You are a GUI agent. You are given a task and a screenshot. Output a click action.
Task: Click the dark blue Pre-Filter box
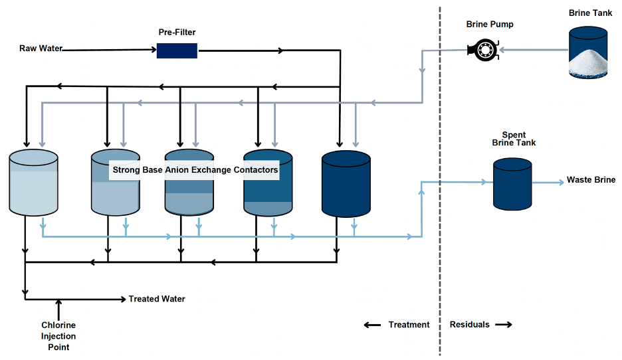coord(177,50)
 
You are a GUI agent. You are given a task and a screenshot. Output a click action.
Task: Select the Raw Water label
coord(41,48)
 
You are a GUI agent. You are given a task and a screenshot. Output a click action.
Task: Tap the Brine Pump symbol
coord(482,50)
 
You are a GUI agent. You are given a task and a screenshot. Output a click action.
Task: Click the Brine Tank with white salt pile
coord(589,52)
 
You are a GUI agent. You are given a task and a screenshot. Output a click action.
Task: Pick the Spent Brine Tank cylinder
coord(512,183)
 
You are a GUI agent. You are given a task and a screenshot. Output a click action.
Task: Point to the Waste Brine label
coord(591,180)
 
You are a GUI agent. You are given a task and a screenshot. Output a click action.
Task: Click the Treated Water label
coord(157,299)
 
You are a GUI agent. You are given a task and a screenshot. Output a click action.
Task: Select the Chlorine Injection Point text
coord(58,336)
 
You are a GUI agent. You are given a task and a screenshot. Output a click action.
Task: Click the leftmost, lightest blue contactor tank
coord(33,183)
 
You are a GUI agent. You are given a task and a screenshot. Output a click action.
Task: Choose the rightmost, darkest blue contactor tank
coord(346,185)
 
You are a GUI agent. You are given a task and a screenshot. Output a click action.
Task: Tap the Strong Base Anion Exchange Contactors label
coord(195,170)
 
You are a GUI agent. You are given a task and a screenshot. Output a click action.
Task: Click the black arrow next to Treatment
coord(371,325)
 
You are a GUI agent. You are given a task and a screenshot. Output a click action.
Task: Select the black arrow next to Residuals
coord(504,325)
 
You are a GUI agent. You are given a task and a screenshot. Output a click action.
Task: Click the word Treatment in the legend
coord(409,325)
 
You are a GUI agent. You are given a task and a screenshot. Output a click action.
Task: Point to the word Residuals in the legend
coord(469,325)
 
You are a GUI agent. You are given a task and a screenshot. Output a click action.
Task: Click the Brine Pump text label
coord(490,25)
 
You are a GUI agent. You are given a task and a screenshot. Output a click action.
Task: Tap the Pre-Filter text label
coord(177,32)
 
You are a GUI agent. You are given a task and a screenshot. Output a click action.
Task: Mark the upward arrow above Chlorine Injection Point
coord(58,308)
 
